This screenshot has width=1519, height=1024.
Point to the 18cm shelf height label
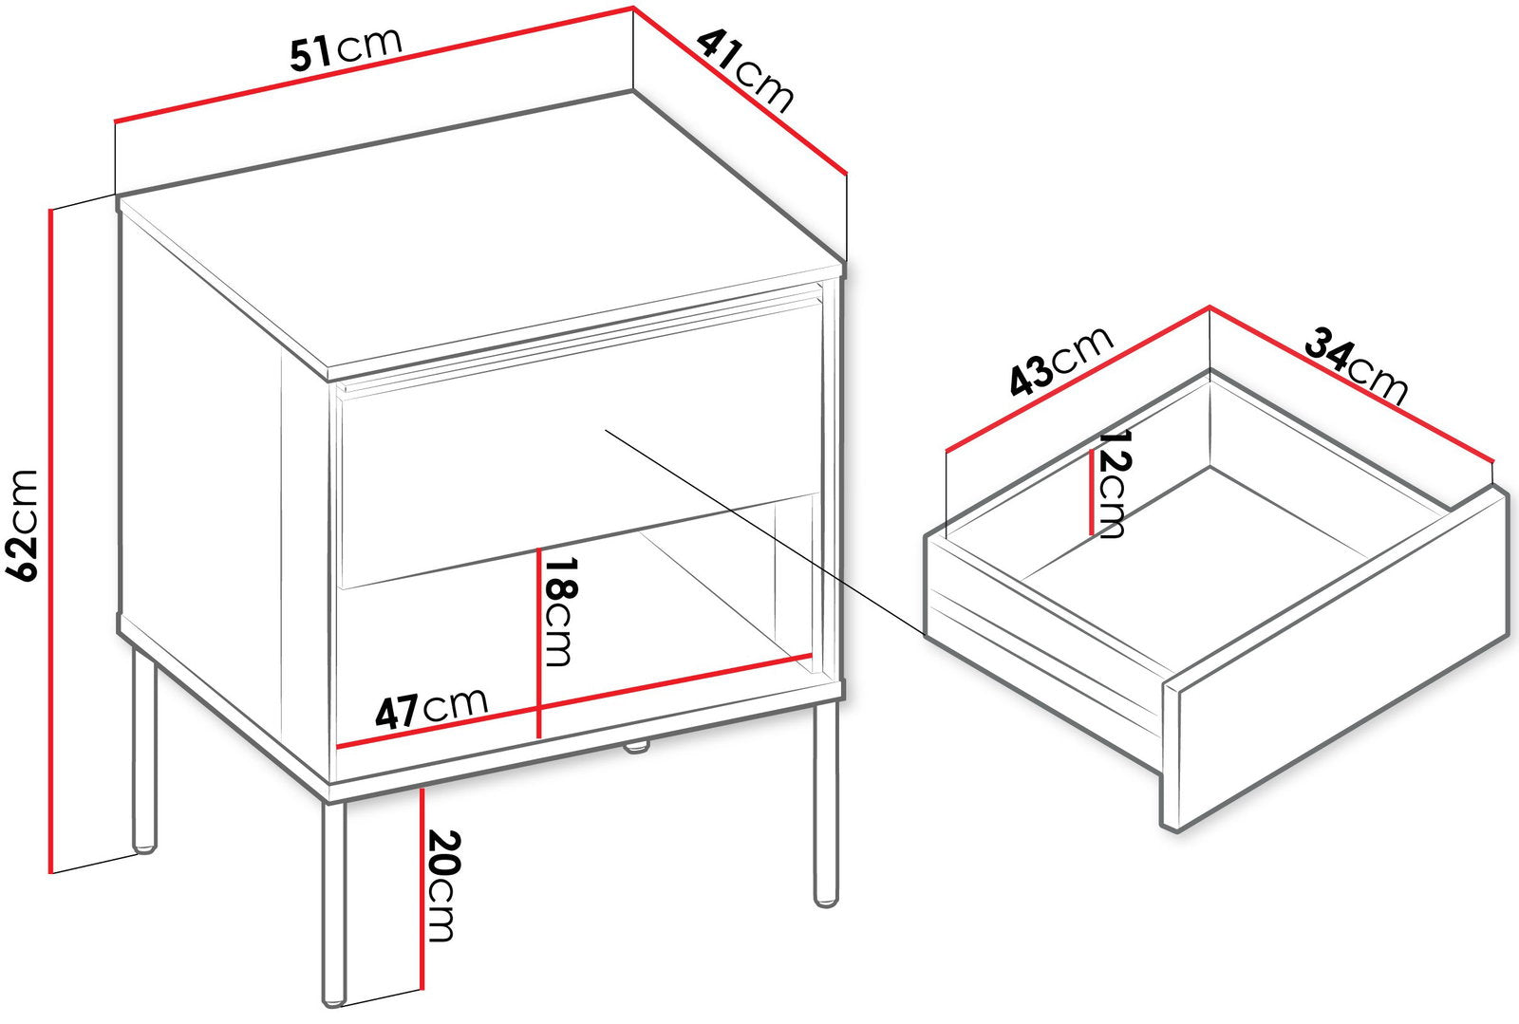point(559,611)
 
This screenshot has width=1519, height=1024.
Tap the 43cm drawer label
point(1061,362)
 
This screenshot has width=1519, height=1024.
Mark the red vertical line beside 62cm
point(51,541)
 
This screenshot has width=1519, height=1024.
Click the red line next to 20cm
point(422,888)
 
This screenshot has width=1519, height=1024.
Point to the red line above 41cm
point(741,90)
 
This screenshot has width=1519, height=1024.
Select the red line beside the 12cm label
point(1091,492)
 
